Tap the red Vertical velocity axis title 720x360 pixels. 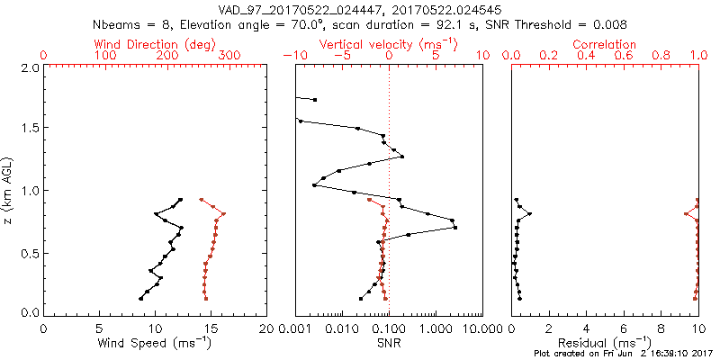(388, 44)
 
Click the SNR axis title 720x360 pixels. (388, 345)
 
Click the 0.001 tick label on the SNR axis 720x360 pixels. (295, 330)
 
